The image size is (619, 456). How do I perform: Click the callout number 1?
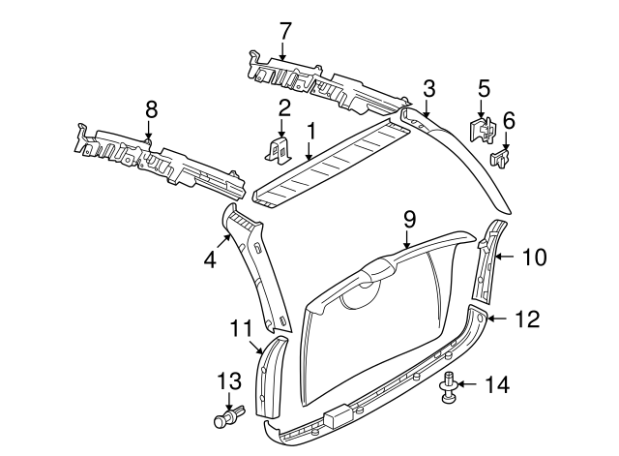(x=311, y=130)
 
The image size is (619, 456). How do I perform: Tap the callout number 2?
(x=284, y=106)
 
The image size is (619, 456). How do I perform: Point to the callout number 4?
(x=209, y=258)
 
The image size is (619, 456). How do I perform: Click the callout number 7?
(x=284, y=30)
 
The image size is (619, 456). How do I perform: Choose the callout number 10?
(x=534, y=258)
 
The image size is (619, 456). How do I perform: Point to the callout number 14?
(x=495, y=385)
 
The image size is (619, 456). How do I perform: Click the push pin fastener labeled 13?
(x=227, y=418)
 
